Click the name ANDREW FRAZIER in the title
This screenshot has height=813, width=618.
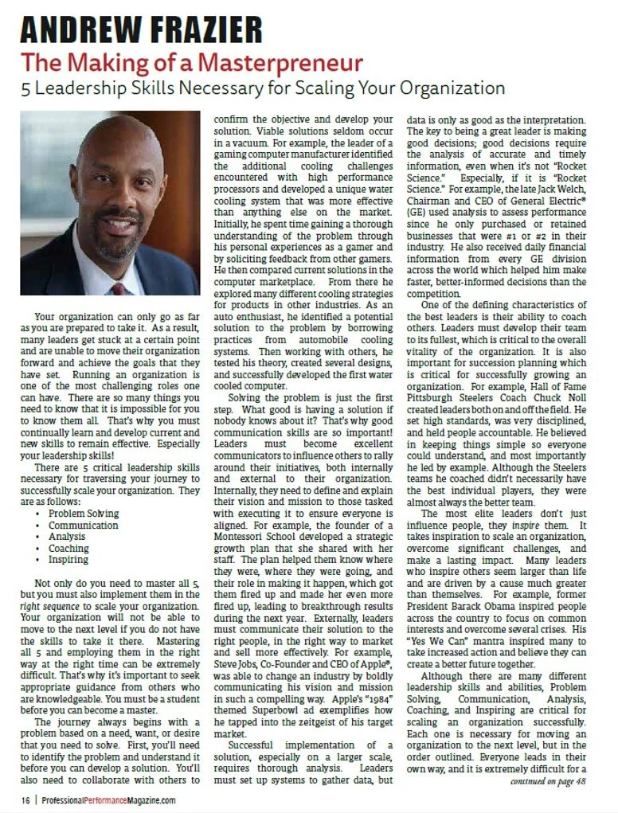pyautogui.click(x=141, y=29)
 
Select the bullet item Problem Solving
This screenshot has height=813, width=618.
pyautogui.click(x=83, y=514)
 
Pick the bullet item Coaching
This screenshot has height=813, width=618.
pyautogui.click(x=68, y=549)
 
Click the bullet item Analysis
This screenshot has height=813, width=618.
pyautogui.click(x=67, y=537)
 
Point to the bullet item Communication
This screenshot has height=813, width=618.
pyautogui.click(x=83, y=526)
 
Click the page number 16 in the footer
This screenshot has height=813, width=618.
pyautogui.click(x=26, y=800)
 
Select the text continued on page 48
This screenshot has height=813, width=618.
pyautogui.click(x=549, y=781)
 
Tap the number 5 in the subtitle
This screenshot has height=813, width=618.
pyautogui.click(x=27, y=87)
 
